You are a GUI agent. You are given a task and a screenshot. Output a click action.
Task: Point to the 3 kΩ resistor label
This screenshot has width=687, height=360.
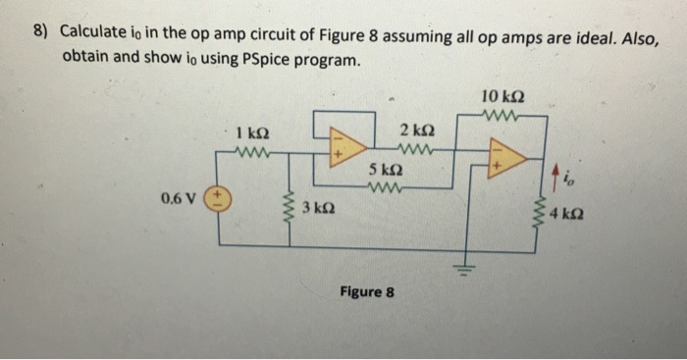coord(320,208)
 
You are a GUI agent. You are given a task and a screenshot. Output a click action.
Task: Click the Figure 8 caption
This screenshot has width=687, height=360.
coord(366,291)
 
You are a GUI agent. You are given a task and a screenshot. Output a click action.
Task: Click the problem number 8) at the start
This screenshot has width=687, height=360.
coord(40,31)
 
